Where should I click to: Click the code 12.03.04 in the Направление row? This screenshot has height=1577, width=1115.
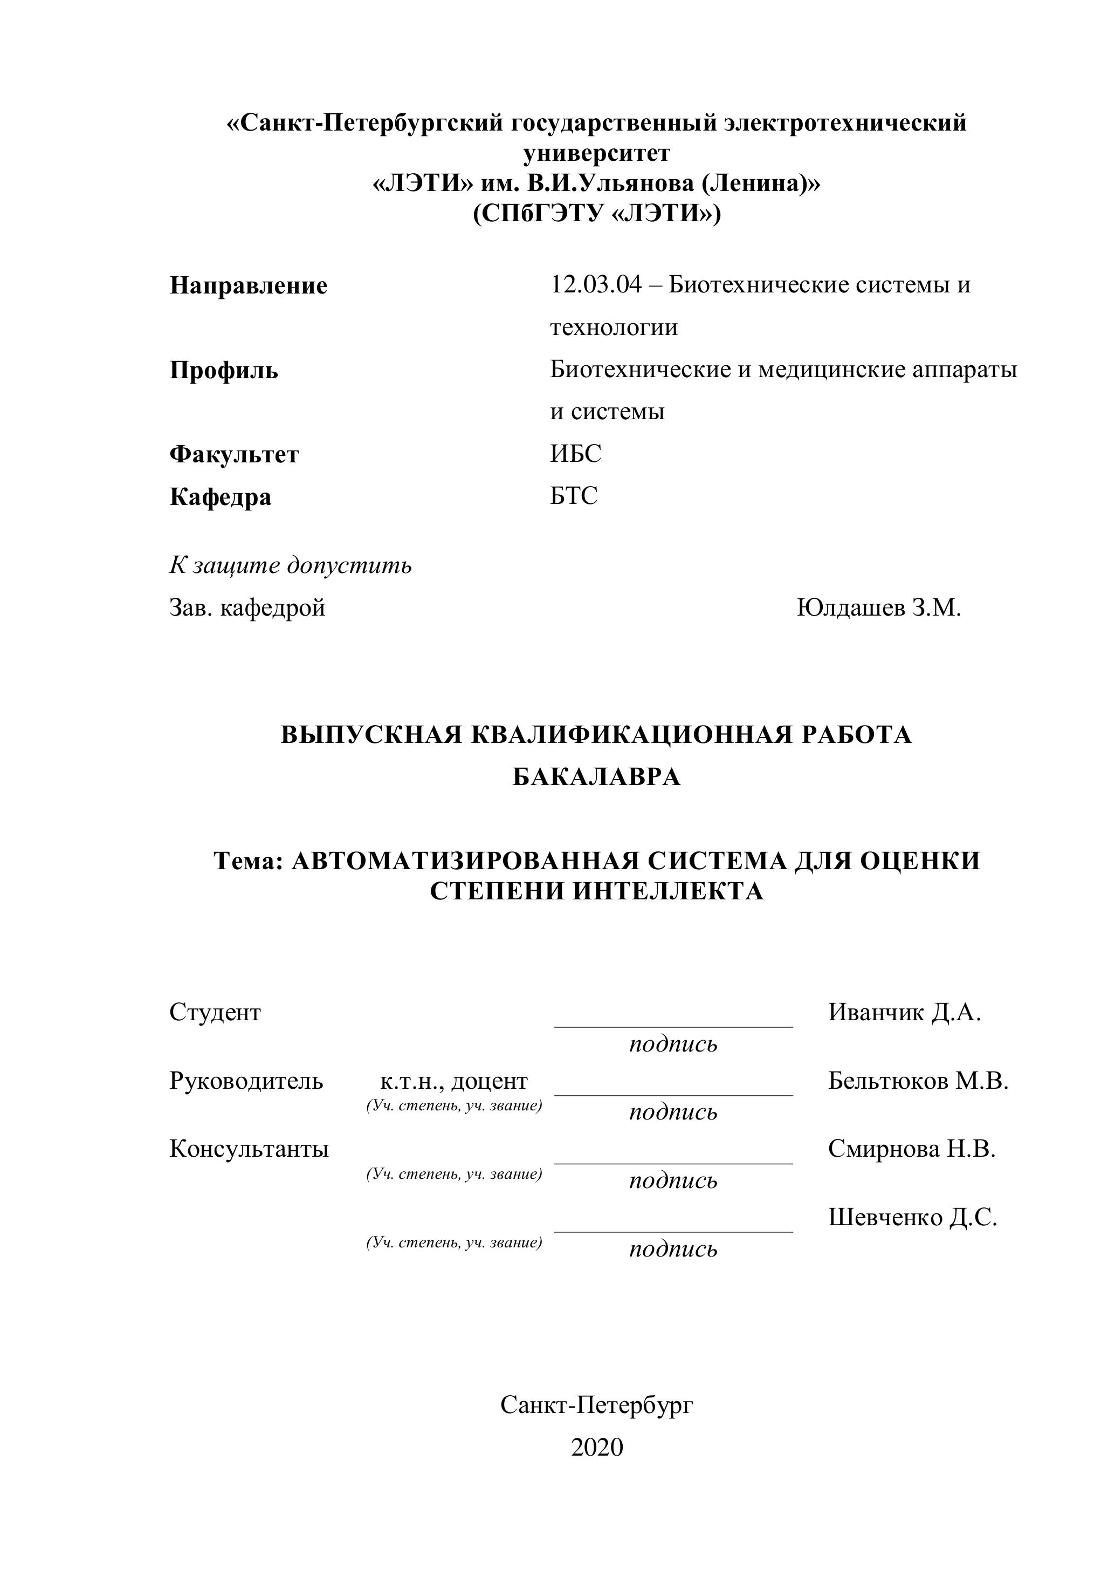595,284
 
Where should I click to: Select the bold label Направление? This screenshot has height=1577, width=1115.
248,286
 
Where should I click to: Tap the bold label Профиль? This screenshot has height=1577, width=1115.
224,370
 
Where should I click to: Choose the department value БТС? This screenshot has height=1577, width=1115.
574,495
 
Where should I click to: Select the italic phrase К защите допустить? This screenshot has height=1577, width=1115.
291,565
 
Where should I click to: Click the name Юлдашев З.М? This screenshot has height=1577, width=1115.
878,607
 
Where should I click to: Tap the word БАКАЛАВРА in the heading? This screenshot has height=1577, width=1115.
596,777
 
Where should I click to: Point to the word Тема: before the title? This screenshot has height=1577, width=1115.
249,861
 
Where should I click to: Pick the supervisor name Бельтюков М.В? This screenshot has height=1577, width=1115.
918,1081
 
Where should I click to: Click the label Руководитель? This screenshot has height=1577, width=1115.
246,1081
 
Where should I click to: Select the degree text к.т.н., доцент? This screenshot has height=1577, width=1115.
454,1081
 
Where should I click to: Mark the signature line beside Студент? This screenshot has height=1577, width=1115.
673,1026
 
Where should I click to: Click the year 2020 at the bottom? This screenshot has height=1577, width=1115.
596,1447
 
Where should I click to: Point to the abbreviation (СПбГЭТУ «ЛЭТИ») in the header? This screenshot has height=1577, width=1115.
596,214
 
